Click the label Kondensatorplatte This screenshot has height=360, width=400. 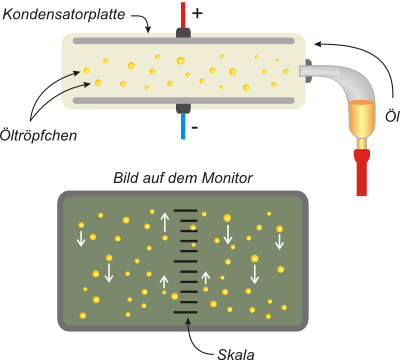(x=64, y=14)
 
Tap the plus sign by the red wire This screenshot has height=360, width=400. (x=197, y=13)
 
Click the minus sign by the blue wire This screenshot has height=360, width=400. (x=195, y=127)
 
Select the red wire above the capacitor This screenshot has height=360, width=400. (x=183, y=15)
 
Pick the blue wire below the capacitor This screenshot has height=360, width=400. (x=183, y=126)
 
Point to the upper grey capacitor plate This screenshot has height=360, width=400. (x=184, y=41)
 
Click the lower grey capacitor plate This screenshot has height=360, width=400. (x=184, y=100)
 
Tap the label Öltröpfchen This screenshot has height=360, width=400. (x=38, y=135)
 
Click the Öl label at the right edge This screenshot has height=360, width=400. (x=392, y=117)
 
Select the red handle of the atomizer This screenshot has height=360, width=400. (x=362, y=172)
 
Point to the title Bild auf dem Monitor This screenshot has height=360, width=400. (x=183, y=178)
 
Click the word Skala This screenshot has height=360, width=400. (x=236, y=354)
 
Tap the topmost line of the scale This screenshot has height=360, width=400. (x=186, y=211)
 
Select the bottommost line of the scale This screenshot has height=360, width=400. (x=186, y=312)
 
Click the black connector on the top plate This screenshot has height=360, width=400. (x=183, y=33)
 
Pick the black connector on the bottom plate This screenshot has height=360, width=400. (x=183, y=108)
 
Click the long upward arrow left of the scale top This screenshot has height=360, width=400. (x=165, y=222)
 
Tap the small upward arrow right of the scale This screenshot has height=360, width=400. (x=206, y=278)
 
